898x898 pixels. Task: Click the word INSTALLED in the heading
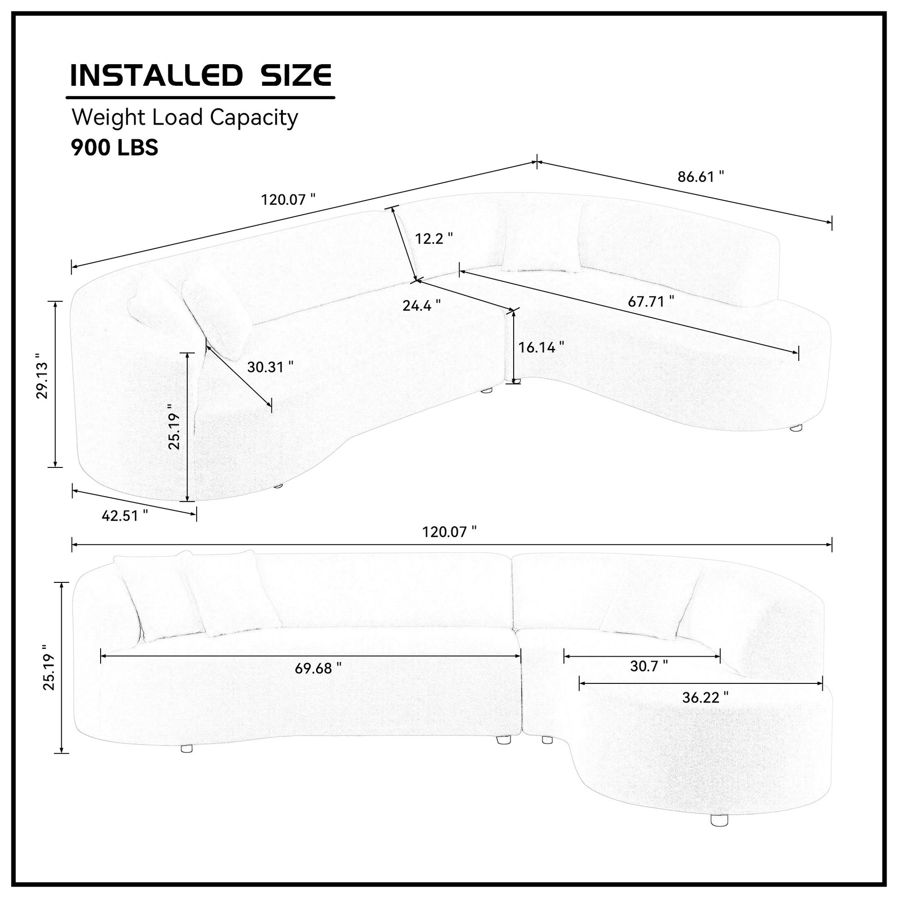tap(156, 75)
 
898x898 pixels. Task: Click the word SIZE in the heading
tap(297, 75)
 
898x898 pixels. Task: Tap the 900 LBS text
tap(114, 147)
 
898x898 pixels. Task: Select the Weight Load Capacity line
tap(185, 118)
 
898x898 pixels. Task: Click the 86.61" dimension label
tap(700, 177)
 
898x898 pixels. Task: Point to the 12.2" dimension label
tap(434, 239)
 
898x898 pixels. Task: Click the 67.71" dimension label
tap(651, 301)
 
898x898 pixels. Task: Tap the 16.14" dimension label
tap(541, 347)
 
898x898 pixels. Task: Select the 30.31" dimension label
tap(270, 367)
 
